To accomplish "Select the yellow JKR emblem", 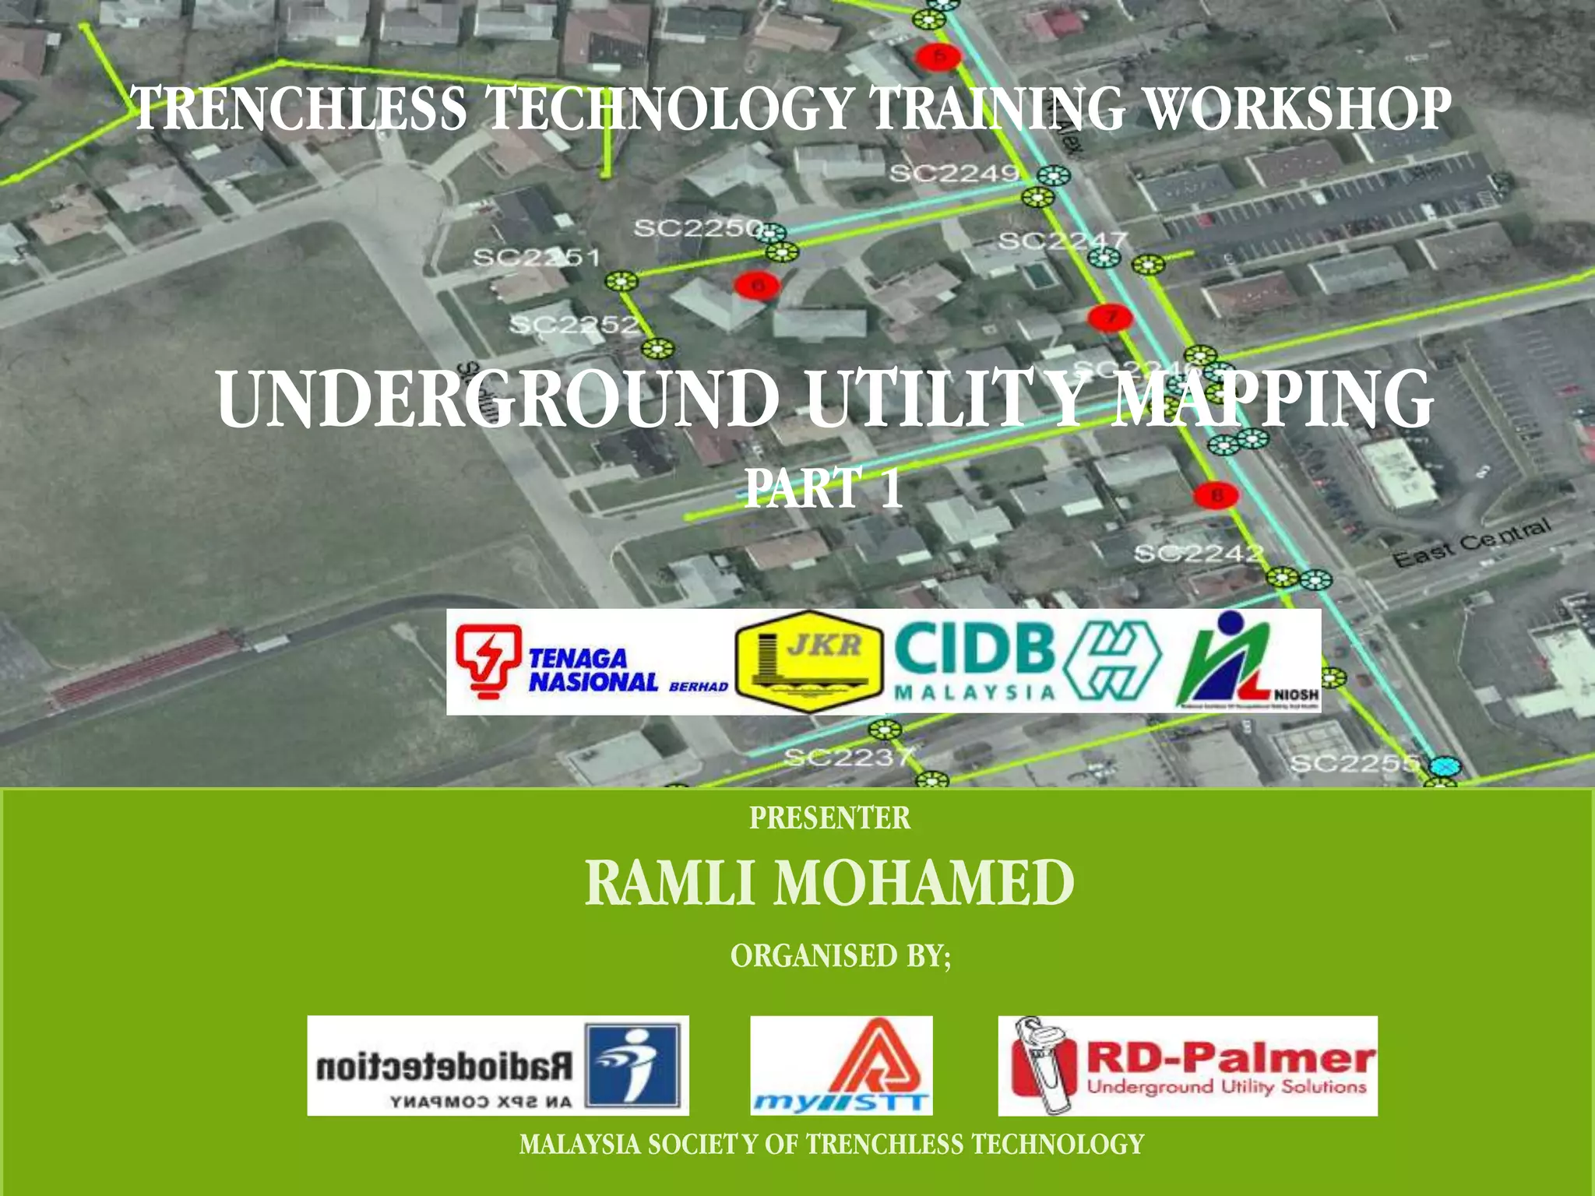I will point(810,663).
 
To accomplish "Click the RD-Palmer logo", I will point(1188,1066).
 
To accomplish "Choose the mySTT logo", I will point(841,1066).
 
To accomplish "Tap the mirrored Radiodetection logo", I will point(498,1066).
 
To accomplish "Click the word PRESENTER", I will point(829,818).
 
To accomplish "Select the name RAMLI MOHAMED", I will point(829,883).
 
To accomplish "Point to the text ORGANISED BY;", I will point(840,955).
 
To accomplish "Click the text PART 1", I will point(823,488).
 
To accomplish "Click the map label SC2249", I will point(953,173).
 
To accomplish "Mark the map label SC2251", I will point(537,257).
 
